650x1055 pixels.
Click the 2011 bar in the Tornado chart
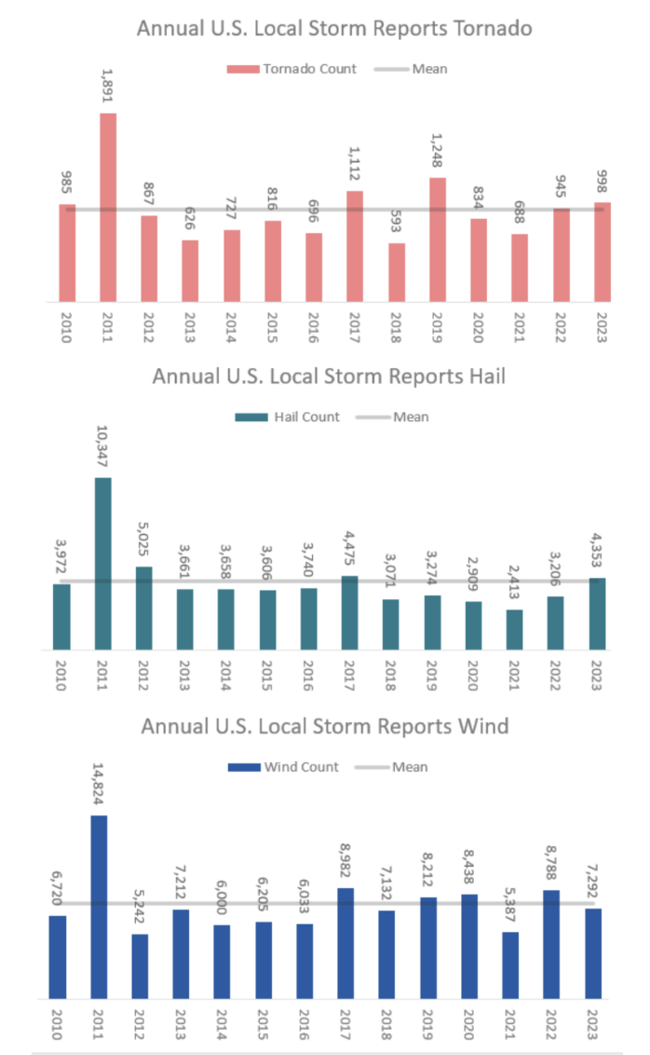point(108,207)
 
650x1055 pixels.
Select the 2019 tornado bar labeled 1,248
point(438,240)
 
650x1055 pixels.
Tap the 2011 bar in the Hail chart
point(102,564)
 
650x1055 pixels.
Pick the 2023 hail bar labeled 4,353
point(597,613)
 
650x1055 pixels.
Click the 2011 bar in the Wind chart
point(99,906)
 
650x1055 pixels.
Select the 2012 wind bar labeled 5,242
point(140,966)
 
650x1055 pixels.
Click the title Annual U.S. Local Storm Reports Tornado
point(334,28)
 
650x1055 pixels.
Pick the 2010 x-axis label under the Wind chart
point(58,1023)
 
